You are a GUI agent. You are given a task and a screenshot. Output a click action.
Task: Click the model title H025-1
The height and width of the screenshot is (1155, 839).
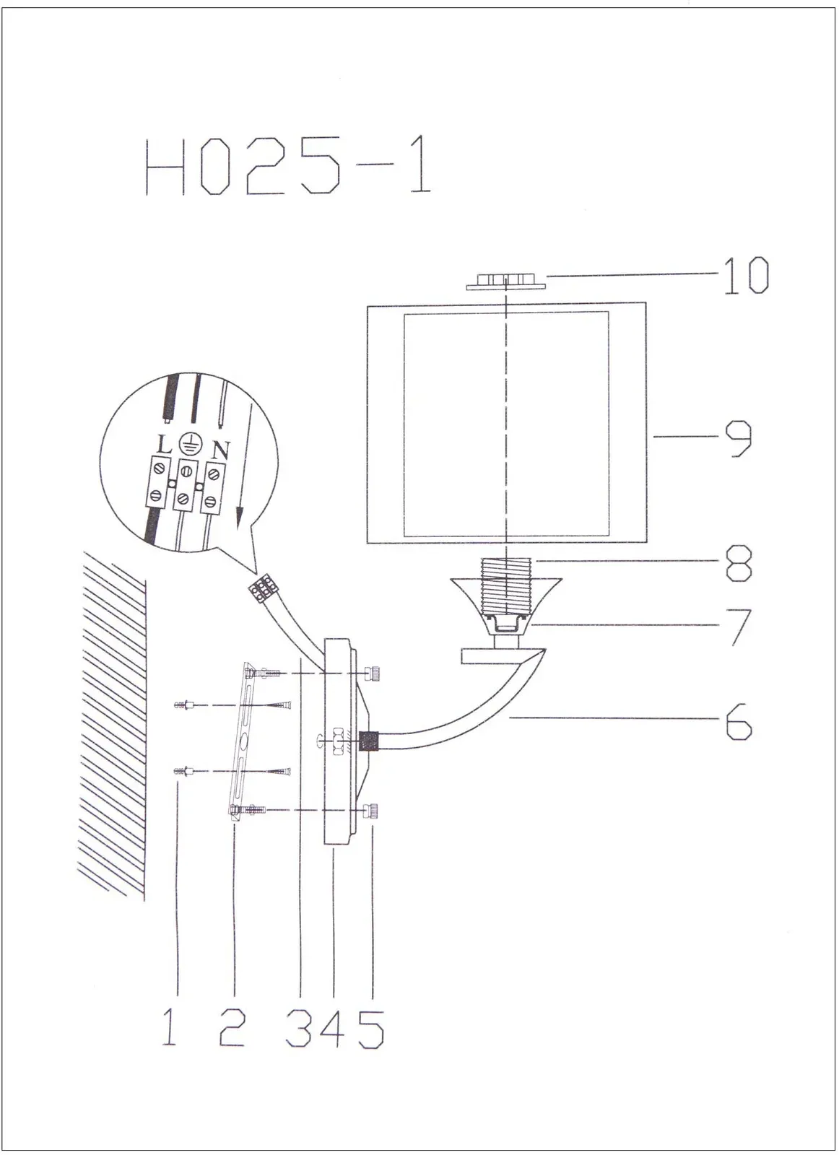288,165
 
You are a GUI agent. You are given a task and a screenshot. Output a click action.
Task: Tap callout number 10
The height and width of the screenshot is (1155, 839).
746,275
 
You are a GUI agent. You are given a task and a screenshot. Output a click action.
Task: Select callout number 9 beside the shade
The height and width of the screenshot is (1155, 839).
739,437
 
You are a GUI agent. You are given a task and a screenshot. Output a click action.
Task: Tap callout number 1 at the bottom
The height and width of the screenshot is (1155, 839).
169,1027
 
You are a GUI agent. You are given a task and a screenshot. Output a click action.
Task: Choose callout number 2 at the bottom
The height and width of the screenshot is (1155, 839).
232,1027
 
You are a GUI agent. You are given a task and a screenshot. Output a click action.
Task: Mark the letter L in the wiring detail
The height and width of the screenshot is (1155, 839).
164,445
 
